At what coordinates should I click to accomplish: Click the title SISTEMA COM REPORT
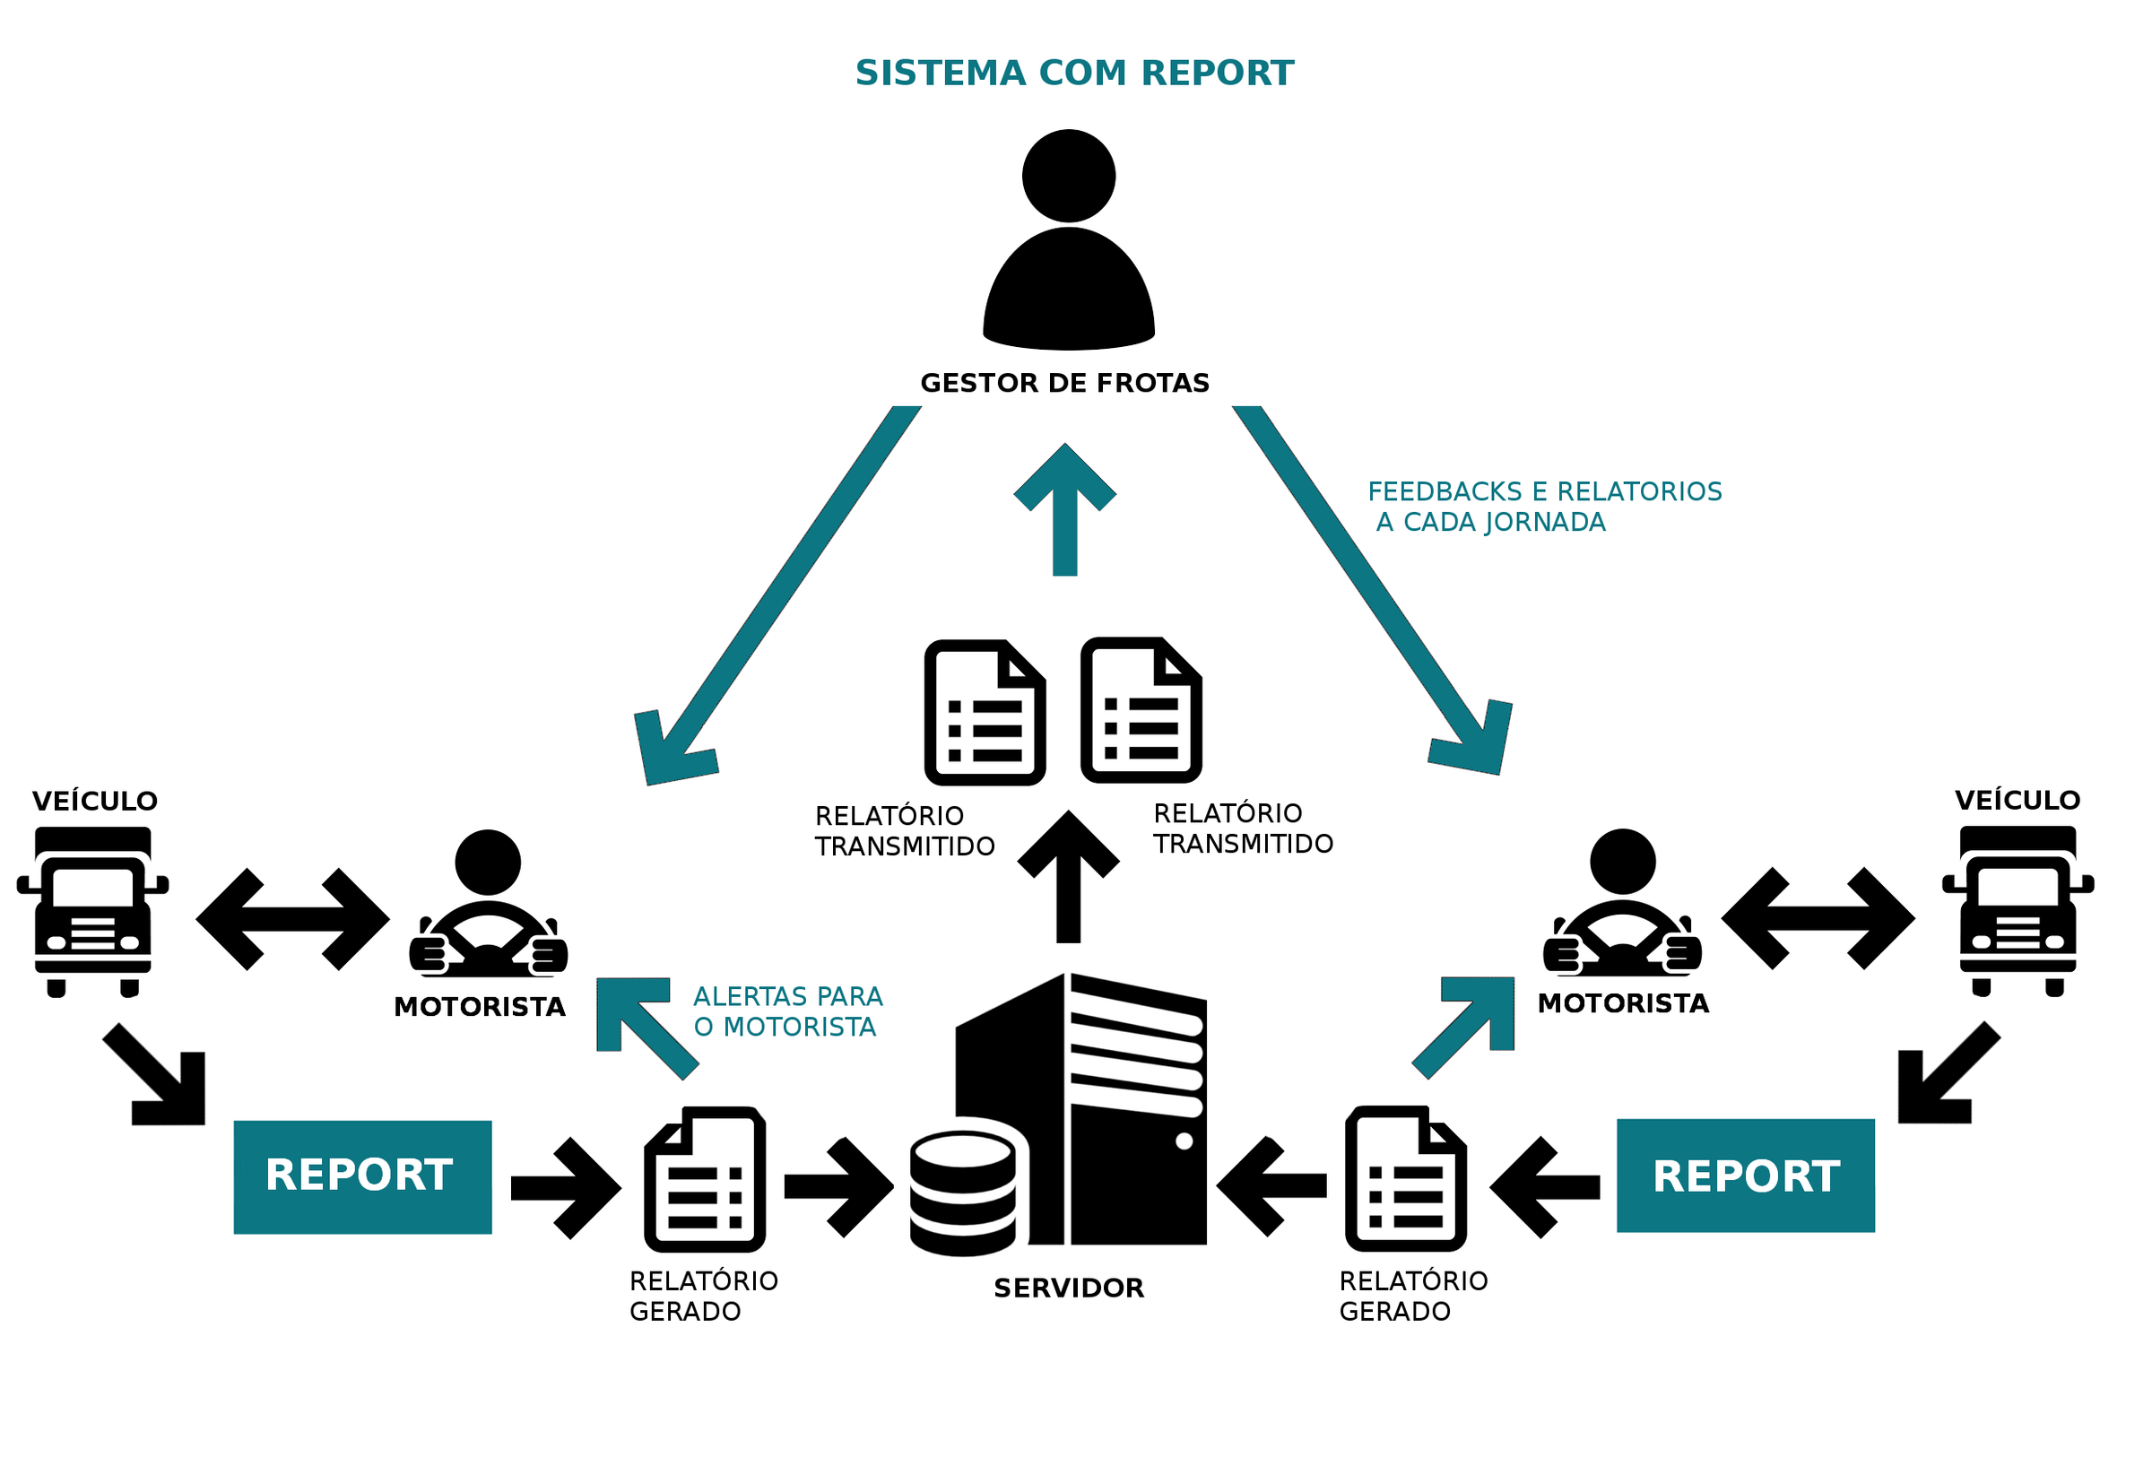[1074, 74]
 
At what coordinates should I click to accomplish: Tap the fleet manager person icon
[1069, 239]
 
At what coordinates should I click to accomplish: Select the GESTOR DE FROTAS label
[1065, 382]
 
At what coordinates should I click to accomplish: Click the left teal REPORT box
[362, 1176]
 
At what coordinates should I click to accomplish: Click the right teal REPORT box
[1746, 1175]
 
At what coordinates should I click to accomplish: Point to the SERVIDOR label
[1069, 1288]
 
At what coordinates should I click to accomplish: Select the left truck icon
[92, 911]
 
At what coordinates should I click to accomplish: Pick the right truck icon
[2017, 910]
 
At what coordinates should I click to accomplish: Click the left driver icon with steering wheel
[488, 903]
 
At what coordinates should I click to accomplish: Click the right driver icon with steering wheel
[1622, 902]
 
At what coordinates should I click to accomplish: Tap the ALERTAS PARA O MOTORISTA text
[788, 1011]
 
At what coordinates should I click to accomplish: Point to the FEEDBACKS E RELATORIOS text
[1545, 490]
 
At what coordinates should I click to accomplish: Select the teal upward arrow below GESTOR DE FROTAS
[1065, 509]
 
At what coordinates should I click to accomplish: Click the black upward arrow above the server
[1069, 876]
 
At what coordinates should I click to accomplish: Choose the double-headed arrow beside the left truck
[292, 918]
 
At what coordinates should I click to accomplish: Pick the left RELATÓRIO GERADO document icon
[705, 1179]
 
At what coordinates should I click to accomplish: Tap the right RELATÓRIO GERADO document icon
[1406, 1178]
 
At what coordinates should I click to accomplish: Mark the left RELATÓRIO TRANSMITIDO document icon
[985, 713]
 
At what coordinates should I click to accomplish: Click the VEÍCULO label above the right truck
[2017, 800]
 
